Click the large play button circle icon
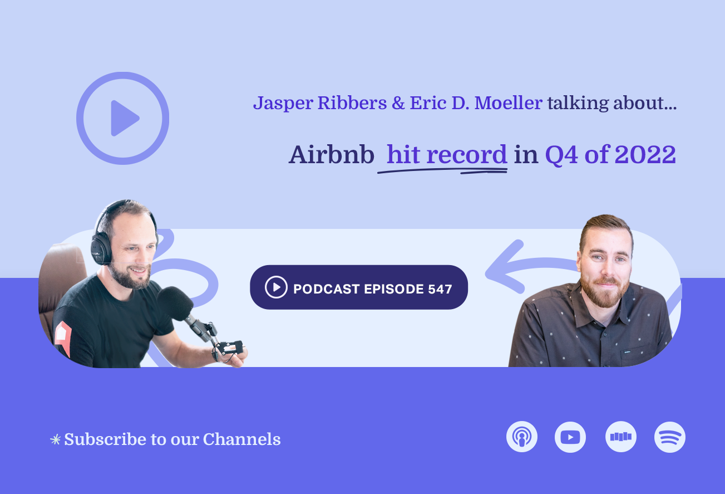coord(122,118)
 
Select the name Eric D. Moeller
coord(476,104)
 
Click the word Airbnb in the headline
coord(331,155)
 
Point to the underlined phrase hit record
coord(446,155)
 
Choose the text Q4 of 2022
coord(610,155)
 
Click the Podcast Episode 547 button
coord(359,287)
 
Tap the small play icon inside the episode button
coord(276,287)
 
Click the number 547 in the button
coord(440,288)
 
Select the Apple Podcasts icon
coord(522,437)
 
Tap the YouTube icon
coord(570,437)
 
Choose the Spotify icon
coord(670,437)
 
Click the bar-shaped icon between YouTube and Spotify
coord(621,437)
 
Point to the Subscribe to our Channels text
coord(172,439)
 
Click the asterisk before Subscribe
coord(55,440)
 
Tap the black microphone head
coord(174,303)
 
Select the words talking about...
coord(611,104)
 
